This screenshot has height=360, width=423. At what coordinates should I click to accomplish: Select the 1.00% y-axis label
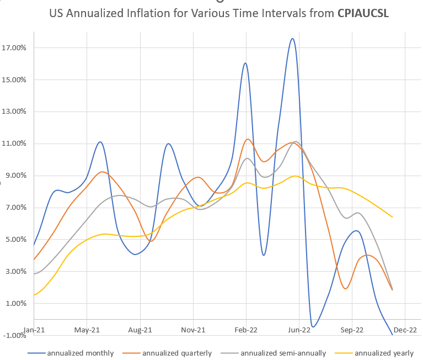pyautogui.click(x=14, y=303)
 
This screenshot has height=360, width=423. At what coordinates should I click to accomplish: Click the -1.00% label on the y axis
pyautogui.click(x=13, y=335)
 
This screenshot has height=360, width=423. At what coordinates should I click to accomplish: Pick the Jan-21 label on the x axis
pyautogui.click(x=34, y=330)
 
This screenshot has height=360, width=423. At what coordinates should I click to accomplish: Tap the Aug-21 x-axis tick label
pyautogui.click(x=140, y=330)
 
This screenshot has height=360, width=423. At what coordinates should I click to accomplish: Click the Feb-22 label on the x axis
pyautogui.click(x=247, y=330)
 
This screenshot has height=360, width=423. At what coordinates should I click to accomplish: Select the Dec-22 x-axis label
pyautogui.click(x=405, y=330)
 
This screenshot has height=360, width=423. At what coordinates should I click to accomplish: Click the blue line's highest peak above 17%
pyautogui.click(x=292, y=39)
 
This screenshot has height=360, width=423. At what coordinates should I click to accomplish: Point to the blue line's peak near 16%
pyautogui.click(x=245, y=63)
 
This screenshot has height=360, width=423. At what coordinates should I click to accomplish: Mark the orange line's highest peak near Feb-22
pyautogui.click(x=248, y=139)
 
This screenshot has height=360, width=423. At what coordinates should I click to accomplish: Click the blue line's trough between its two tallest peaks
pyautogui.click(x=264, y=255)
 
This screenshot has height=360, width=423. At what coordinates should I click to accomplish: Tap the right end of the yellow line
pyautogui.click(x=392, y=217)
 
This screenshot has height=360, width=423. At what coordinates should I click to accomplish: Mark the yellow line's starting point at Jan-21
pyautogui.click(x=34, y=294)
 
